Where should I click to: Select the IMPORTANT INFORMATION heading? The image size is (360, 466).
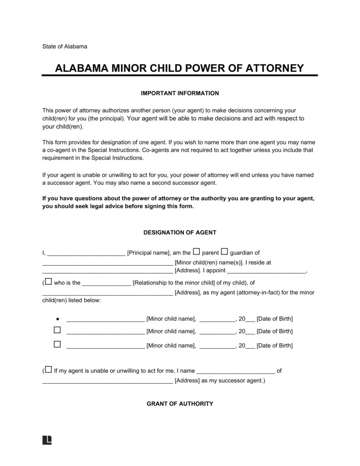[180, 93]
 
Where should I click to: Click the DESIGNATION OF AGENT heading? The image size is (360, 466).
[180, 232]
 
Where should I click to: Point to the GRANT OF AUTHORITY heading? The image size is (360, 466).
[180, 404]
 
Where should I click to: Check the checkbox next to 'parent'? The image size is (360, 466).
[197, 252]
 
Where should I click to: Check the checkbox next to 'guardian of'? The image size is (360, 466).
[224, 252]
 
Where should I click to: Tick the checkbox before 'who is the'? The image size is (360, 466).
[48, 282]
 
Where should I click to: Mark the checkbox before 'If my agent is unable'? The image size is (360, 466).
[48, 370]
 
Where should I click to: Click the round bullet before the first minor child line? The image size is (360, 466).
[57, 319]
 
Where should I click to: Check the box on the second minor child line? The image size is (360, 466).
[57, 330]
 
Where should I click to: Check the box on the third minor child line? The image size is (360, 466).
[57, 344]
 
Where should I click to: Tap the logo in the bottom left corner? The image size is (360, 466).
[47, 440]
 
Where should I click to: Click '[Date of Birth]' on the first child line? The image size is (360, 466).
[274, 319]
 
